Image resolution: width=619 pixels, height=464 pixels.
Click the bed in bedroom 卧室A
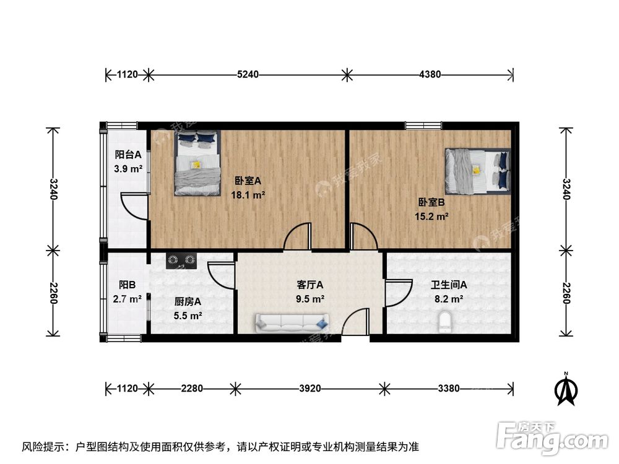(x=197, y=163)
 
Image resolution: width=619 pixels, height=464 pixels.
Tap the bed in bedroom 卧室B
(x=477, y=171)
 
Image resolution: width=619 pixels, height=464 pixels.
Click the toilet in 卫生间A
(x=444, y=321)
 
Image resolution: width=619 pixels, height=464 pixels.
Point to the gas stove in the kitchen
(x=181, y=260)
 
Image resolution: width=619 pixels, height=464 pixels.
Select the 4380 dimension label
(x=430, y=75)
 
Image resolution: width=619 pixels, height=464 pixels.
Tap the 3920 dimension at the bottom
(x=309, y=389)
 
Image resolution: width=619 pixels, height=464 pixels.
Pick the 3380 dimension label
(x=448, y=389)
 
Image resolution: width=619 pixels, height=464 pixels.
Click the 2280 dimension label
(x=192, y=389)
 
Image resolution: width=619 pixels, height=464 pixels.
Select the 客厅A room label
(x=310, y=285)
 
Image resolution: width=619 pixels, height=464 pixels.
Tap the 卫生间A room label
(x=449, y=285)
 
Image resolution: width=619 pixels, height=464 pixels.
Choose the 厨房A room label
(x=188, y=302)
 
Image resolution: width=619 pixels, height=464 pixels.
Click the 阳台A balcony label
(x=128, y=155)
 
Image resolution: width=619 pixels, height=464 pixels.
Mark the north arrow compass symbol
(x=566, y=388)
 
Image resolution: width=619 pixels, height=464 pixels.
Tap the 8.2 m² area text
(x=449, y=299)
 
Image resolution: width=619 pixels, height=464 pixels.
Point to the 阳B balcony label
(x=128, y=285)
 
